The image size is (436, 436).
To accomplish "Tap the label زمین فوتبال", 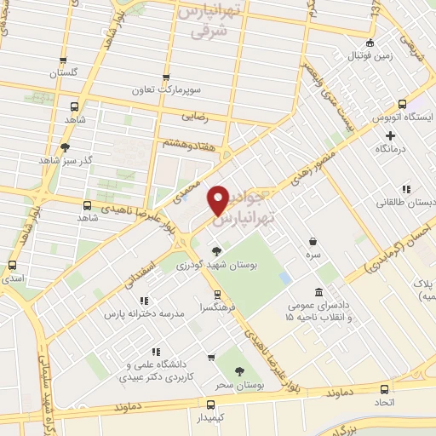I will [x=370, y=55].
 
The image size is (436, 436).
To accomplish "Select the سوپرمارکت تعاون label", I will [x=165, y=89].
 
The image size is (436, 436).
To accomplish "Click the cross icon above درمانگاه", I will [x=391, y=135].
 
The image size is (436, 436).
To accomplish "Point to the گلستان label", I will [x=64, y=74].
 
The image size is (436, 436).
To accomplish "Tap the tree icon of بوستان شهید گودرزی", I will [x=218, y=251].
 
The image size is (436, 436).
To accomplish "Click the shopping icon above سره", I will [x=313, y=241].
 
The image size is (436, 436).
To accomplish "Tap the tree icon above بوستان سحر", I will [x=238, y=370].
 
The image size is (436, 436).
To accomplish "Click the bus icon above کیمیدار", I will [x=210, y=404].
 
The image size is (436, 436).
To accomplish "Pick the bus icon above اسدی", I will [x=12, y=265].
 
